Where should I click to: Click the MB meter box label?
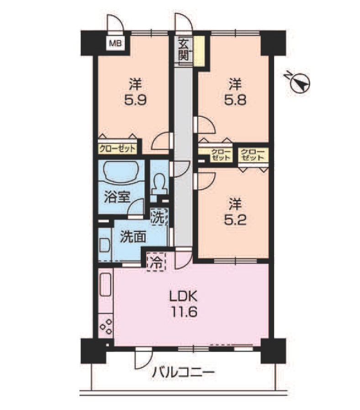[115, 43]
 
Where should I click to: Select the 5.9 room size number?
[135, 100]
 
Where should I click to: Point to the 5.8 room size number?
[235, 100]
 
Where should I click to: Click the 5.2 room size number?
[235, 220]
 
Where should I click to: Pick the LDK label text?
[183, 297]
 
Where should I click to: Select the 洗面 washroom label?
[132, 237]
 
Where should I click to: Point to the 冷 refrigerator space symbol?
[156, 262]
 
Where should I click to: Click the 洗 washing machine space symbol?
[159, 216]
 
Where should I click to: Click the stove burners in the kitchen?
[106, 326]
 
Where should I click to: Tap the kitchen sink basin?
[105, 284]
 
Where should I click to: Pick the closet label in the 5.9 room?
[117, 149]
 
